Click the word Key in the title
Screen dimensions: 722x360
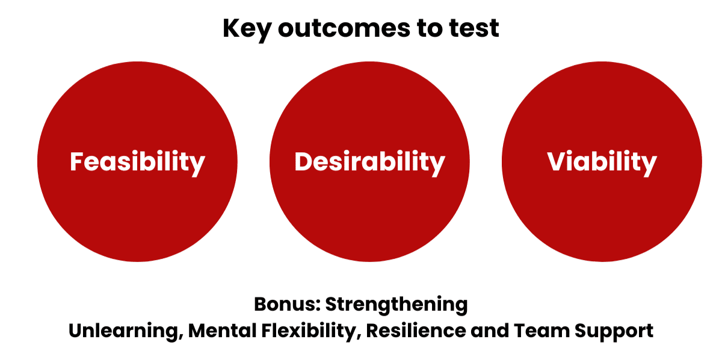tap(247, 29)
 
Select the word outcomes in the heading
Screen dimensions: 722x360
tap(344, 28)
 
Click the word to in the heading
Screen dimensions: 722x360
tap(430, 28)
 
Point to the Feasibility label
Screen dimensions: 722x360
tap(137, 163)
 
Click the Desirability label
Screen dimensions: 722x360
tap(369, 163)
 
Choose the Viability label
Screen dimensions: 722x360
tap(602, 163)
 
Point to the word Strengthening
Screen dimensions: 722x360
tap(396, 305)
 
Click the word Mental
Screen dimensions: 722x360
tap(222, 331)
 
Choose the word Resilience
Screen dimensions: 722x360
tap(416, 331)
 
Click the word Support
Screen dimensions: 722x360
tap(614, 332)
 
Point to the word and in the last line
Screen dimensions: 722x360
tap(489, 331)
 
